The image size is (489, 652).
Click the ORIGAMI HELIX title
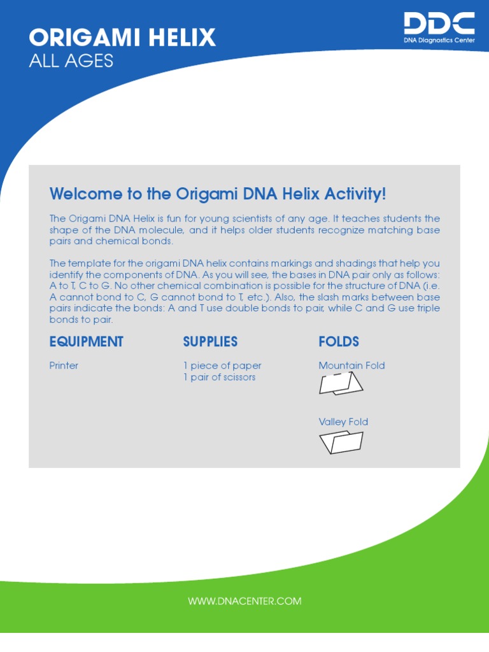coord(122,38)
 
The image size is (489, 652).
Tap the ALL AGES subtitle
coord(71,61)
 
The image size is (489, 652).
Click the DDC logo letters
coord(439,24)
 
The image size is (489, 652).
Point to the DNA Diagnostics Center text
coord(439,40)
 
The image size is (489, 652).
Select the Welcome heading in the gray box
coord(218,194)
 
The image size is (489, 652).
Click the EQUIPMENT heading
coord(87,342)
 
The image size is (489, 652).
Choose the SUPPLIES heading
coord(210,342)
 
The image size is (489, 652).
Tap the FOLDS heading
coord(339,342)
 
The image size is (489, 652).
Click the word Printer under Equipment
coord(64,365)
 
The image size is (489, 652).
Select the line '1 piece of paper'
coord(222,365)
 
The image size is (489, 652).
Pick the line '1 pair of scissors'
coord(219,377)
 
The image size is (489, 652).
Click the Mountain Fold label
coord(351,365)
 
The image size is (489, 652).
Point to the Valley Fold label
coord(343,422)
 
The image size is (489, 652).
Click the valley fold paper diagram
coord(341,442)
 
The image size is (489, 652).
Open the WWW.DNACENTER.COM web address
coord(244,601)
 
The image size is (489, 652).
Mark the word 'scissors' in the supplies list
coord(236,377)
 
